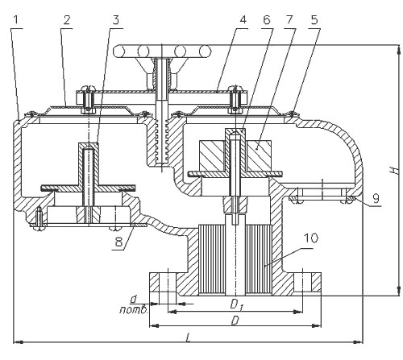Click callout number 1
[16, 20]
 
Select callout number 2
[67, 20]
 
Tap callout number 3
[115, 20]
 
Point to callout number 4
[243, 20]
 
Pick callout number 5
[314, 20]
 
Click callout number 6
[266, 20]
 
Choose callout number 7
[289, 20]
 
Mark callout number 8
[119, 242]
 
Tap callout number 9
[376, 198]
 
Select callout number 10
[311, 238]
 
